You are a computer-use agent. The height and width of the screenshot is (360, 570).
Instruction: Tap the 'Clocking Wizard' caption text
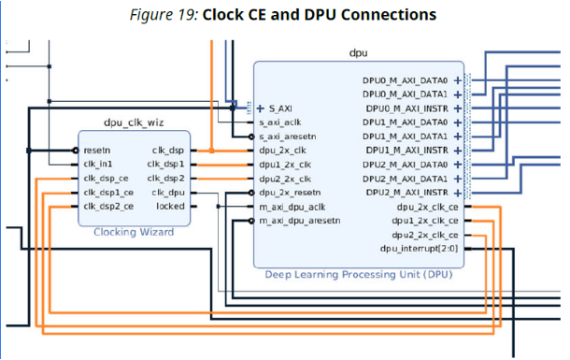(134, 231)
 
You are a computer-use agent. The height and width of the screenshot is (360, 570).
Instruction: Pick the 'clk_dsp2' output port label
(166, 178)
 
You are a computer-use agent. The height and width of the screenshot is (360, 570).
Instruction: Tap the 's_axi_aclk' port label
(284, 122)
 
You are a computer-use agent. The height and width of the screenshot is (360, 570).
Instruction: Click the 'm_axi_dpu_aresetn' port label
(300, 221)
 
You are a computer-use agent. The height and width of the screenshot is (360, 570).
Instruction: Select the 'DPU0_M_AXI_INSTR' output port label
(406, 108)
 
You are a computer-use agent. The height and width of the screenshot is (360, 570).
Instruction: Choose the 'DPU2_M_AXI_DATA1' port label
(406, 178)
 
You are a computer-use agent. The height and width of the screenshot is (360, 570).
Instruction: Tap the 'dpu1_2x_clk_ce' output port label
(420, 220)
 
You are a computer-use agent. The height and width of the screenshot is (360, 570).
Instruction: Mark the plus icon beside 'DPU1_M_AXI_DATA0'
(458, 122)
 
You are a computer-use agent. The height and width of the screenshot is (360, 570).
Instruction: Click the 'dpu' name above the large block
(359, 53)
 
